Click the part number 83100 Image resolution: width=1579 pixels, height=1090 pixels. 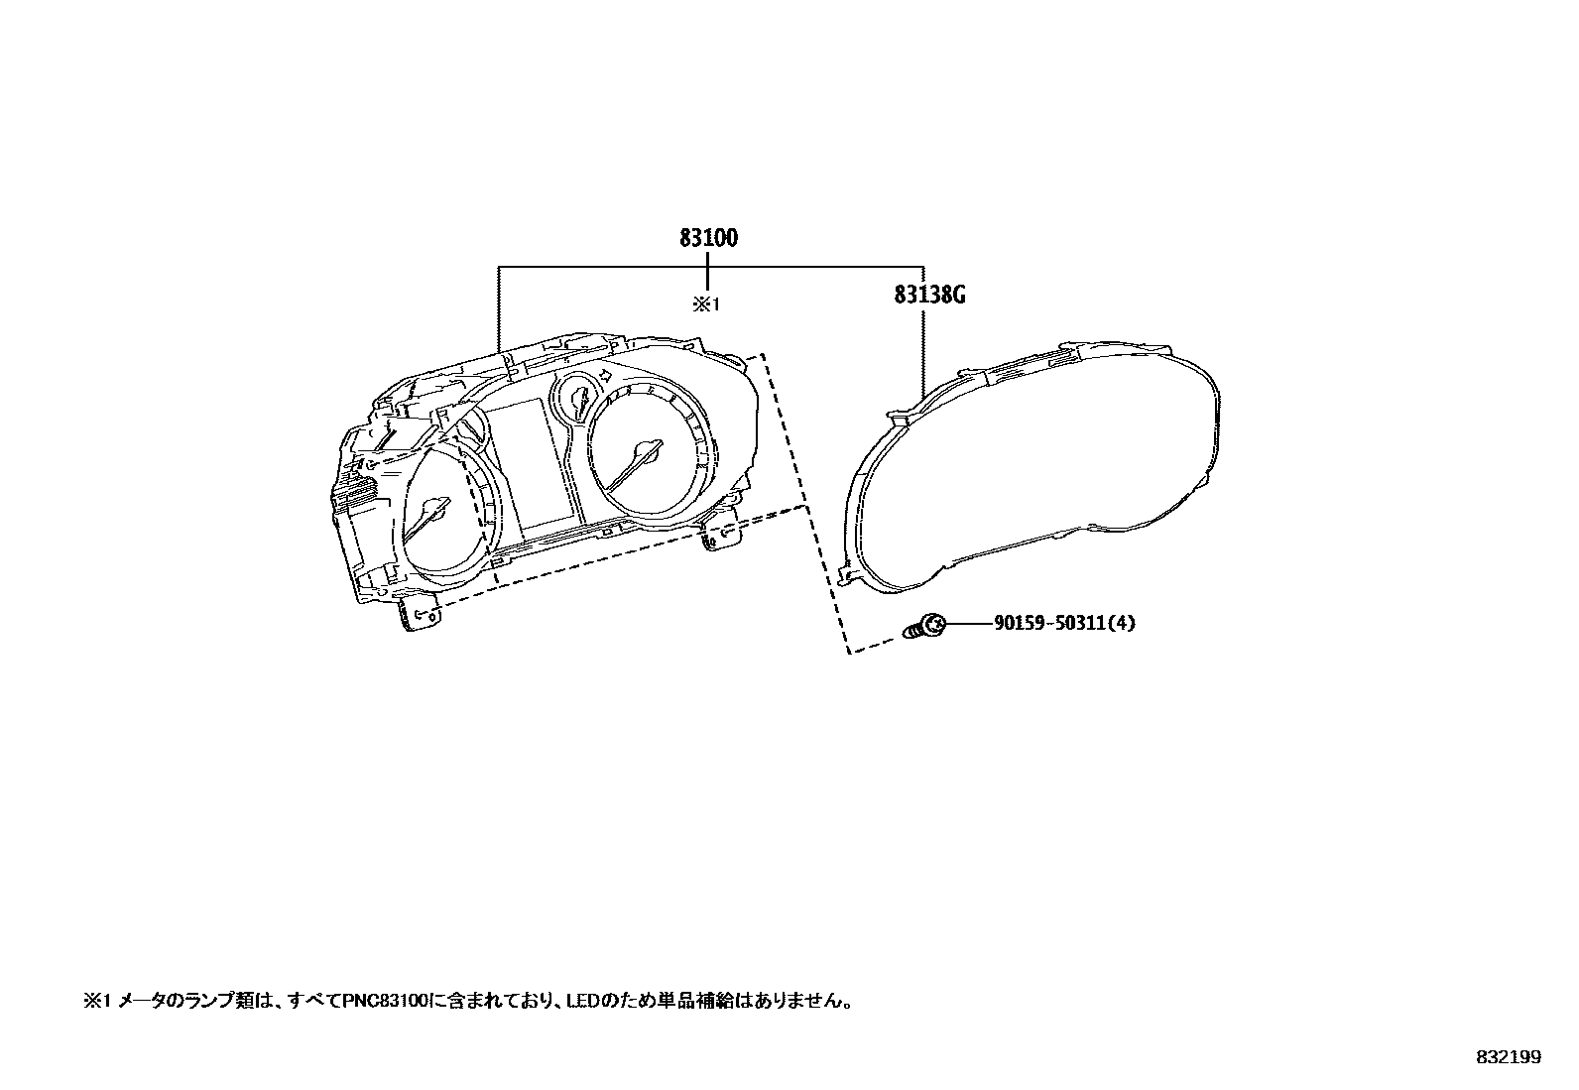pos(708,238)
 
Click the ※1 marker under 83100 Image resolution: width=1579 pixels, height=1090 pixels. pos(704,305)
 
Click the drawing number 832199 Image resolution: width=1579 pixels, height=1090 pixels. pos(1508,1058)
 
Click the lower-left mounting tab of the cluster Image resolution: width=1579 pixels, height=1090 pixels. pos(421,614)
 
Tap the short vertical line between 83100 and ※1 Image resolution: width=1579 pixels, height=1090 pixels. pos(705,272)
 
